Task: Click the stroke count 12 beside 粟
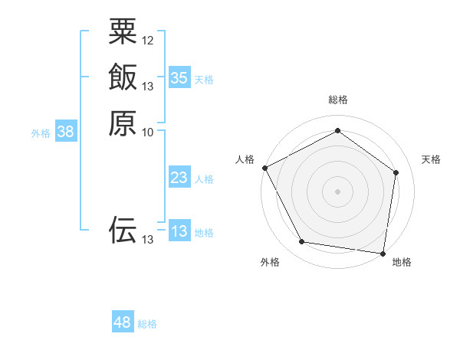point(148,40)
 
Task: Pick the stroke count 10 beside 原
point(148,132)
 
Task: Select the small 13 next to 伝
point(148,240)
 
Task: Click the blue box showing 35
point(179,77)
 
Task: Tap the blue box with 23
point(179,178)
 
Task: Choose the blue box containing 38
point(66,132)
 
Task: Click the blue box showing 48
point(122,322)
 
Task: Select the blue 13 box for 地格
point(179,231)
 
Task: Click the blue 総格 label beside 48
point(147,324)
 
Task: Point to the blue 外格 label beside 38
point(41,133)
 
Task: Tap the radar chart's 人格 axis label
point(245,159)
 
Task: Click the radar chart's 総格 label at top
point(337,100)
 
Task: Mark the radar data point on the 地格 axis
point(383,253)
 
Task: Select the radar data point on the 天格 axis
point(396,172)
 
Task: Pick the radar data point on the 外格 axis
point(302,242)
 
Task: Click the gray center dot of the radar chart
point(337,191)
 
